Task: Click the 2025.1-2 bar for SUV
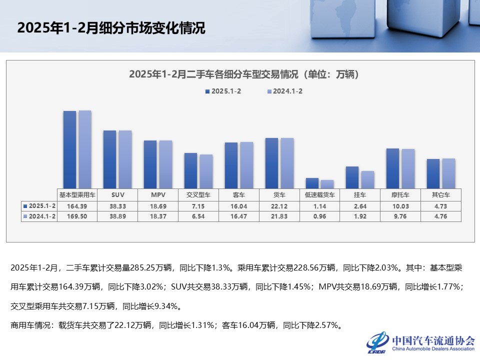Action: point(109,159)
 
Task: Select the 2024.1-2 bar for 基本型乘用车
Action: point(85,149)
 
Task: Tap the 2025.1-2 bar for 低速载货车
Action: point(312,183)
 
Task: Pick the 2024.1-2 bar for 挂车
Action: point(367,180)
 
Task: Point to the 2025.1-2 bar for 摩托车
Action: point(392,168)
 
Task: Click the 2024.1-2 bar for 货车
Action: point(287,163)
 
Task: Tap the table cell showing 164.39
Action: point(77,205)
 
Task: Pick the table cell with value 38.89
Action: point(118,216)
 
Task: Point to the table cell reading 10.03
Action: point(400,205)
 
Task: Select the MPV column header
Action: point(158,194)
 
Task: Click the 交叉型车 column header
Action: point(198,194)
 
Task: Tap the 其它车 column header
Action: point(440,194)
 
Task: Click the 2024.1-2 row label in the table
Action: point(39,216)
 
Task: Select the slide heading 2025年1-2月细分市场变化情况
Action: point(111,28)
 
